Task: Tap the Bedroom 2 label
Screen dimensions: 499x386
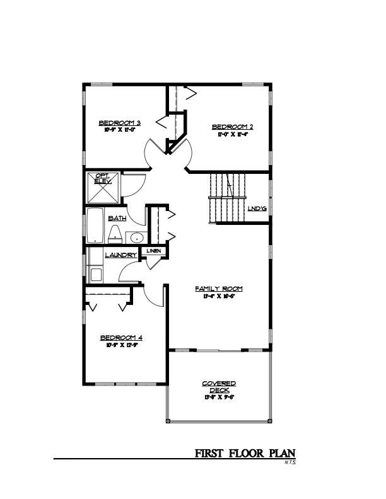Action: coord(231,127)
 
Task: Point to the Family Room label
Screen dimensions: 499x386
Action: coord(218,289)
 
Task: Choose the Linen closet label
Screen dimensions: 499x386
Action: coord(155,251)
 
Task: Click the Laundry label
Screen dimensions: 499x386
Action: coord(120,255)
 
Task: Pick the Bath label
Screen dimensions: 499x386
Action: coord(117,218)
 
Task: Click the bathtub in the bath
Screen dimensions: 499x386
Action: coord(96,227)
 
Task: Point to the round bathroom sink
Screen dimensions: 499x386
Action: coord(137,238)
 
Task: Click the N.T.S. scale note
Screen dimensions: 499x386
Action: coord(289,464)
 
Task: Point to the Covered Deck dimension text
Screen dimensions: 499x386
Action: coord(219,398)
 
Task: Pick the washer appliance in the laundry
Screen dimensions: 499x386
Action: coord(96,274)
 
